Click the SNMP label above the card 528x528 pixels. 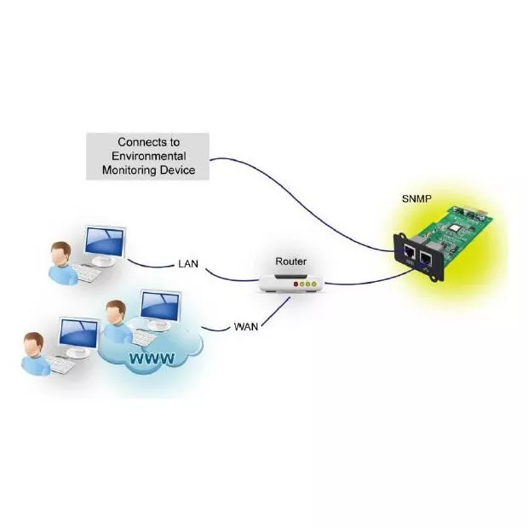tap(416, 198)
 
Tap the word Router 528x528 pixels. tap(291, 261)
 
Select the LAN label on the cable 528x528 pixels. tap(188, 264)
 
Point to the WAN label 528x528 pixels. tap(246, 326)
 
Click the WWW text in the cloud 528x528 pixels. tap(152, 359)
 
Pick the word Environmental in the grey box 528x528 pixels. tap(148, 156)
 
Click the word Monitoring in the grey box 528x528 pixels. tap(129, 170)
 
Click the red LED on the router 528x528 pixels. tap(296, 284)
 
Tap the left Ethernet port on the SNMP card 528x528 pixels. tap(410, 251)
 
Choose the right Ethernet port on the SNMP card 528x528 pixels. tap(426, 258)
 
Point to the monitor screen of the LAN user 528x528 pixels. tap(105, 241)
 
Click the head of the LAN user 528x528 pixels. tap(61, 253)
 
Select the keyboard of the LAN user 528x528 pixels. tap(86, 273)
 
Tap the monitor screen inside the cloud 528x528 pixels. tap(160, 305)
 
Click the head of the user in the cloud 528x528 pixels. tap(116, 313)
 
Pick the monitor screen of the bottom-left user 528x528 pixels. tap(78, 334)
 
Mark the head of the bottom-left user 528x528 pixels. tap(33, 345)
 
